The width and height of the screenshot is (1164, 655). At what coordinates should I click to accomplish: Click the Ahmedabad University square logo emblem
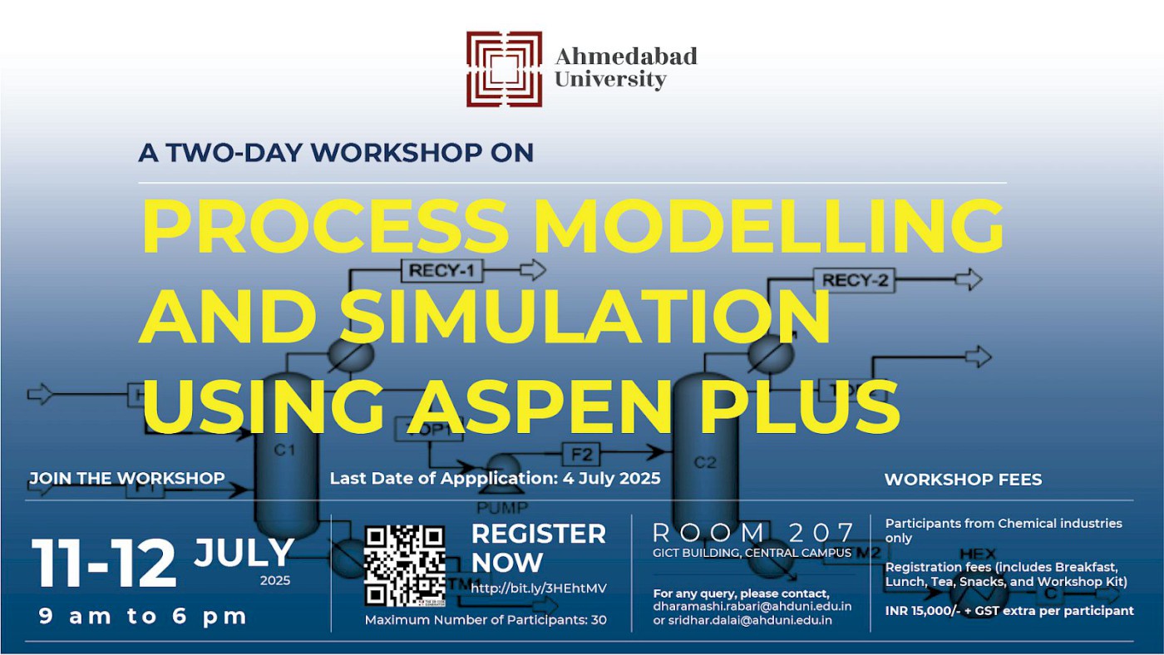pyautogui.click(x=504, y=69)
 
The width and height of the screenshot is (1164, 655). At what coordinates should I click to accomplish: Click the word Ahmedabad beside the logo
pyautogui.click(x=625, y=57)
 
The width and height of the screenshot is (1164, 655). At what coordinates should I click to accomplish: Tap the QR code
pyautogui.click(x=405, y=565)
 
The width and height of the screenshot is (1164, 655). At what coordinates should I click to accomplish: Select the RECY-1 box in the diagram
pyautogui.click(x=441, y=270)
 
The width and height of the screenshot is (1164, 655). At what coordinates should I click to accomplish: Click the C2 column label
pyautogui.click(x=704, y=463)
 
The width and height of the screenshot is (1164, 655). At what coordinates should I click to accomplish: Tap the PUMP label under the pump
pyautogui.click(x=502, y=507)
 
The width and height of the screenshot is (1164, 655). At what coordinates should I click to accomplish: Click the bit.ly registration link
pyautogui.click(x=539, y=589)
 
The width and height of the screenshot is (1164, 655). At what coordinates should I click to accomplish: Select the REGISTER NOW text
pyautogui.click(x=538, y=548)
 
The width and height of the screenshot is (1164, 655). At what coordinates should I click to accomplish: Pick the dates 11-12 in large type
pyautogui.click(x=104, y=564)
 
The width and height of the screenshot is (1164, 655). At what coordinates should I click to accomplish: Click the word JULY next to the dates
pyautogui.click(x=244, y=553)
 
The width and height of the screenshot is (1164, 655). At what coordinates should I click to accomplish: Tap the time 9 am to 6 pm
pyautogui.click(x=143, y=617)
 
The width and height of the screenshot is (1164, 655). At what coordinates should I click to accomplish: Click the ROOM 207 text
pyautogui.click(x=753, y=533)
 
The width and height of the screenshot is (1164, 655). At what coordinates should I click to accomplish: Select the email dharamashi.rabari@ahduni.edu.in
pyautogui.click(x=752, y=607)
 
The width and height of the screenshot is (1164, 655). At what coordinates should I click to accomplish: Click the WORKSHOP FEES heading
pyautogui.click(x=963, y=480)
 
